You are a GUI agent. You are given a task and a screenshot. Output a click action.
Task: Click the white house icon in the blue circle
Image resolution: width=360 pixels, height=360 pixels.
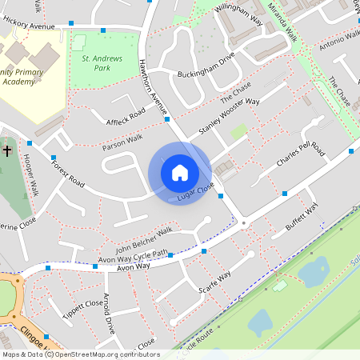tap(179, 172)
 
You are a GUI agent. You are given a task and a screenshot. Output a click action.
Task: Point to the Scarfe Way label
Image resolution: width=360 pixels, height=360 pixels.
tap(214, 279)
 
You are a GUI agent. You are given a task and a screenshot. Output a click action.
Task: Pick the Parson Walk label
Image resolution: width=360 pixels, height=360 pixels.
tap(100, 144)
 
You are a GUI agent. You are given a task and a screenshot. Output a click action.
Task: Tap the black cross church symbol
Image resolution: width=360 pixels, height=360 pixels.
tap(7, 150)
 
